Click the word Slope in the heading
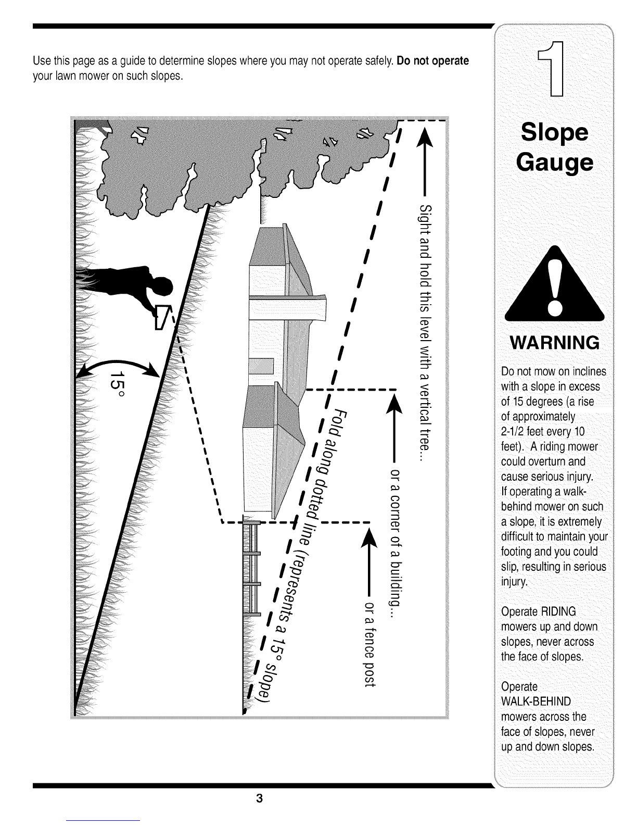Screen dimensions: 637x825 tap(554, 133)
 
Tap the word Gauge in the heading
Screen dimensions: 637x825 tap(554, 162)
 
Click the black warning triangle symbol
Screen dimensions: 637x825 tap(554, 283)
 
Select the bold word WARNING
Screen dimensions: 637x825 tap(554, 343)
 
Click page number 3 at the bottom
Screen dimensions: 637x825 tap(259, 798)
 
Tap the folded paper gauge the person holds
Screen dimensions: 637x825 tap(162, 317)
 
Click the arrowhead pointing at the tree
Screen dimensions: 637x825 tap(425, 137)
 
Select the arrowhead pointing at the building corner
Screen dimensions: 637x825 tap(394, 404)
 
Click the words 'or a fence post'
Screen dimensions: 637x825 tap(370, 644)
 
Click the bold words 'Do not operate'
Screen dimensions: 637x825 tap(432, 61)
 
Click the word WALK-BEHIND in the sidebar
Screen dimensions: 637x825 tap(536, 701)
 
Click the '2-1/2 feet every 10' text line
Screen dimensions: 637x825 tap(543, 432)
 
